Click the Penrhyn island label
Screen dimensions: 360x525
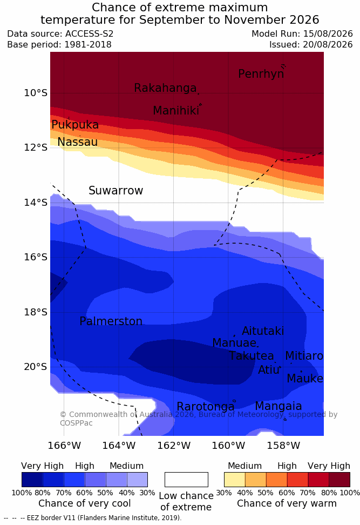[x=261, y=73]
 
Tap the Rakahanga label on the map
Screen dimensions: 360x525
[x=165, y=87]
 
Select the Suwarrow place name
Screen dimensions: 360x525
[x=116, y=190]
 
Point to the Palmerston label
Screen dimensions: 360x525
[x=111, y=321]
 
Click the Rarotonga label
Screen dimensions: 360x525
[x=206, y=406]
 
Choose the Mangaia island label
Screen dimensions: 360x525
[x=279, y=406]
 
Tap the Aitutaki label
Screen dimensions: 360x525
[x=263, y=331]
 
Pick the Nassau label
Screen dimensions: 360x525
[x=78, y=142]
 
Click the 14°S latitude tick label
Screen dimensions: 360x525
[x=36, y=202]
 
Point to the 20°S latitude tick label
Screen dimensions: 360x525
[x=36, y=367]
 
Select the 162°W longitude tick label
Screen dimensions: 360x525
[x=174, y=446]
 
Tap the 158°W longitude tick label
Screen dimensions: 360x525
[x=283, y=446]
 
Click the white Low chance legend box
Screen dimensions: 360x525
[x=186, y=480]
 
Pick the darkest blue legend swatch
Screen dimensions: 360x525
[x=32, y=480]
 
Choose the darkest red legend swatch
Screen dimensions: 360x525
[x=339, y=480]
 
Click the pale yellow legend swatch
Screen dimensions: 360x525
[x=235, y=480]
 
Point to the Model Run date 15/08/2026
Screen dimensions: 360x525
[x=328, y=34]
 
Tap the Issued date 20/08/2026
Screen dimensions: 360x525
[x=328, y=44]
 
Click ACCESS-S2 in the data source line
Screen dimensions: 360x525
[x=90, y=34]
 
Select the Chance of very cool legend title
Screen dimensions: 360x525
[x=85, y=503]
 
